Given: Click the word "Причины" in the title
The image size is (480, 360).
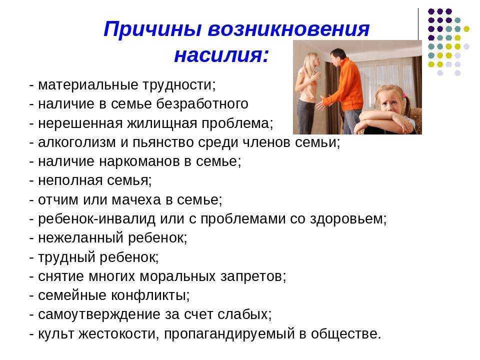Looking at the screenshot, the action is click(152, 29).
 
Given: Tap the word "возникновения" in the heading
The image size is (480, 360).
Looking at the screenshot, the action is click(288, 29).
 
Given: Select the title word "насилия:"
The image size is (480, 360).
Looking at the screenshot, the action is click(221, 55).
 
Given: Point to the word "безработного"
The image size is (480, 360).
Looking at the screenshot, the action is click(202, 104).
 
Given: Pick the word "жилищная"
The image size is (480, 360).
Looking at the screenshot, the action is click(162, 123).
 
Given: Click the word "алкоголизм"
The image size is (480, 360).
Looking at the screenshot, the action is click(77, 142).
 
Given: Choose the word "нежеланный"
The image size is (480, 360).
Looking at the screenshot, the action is click(80, 238).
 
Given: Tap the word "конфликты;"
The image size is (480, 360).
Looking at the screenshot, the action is click(150, 295).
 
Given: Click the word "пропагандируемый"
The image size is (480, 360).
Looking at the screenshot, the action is click(229, 334).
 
